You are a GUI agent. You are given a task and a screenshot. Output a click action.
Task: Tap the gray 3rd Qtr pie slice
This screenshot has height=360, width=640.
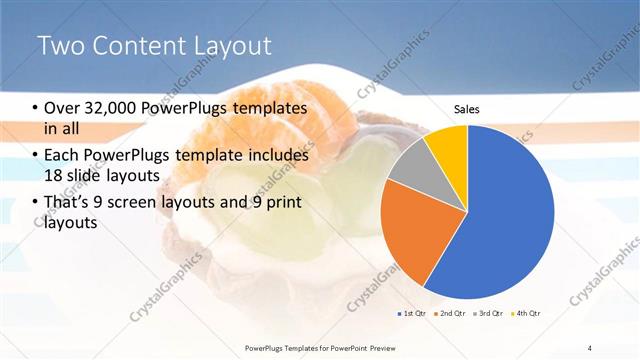point(411,170)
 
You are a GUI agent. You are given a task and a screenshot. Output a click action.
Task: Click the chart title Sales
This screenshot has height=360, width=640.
point(467,107)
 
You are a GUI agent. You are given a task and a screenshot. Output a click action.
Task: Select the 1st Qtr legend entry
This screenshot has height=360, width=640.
point(412,314)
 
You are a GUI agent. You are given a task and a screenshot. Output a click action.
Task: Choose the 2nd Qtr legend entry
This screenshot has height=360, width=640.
point(450,314)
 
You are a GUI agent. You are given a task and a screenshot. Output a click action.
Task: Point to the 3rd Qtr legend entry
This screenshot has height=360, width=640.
point(489,314)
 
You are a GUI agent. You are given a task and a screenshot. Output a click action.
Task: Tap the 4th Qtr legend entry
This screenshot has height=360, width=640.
point(527,314)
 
